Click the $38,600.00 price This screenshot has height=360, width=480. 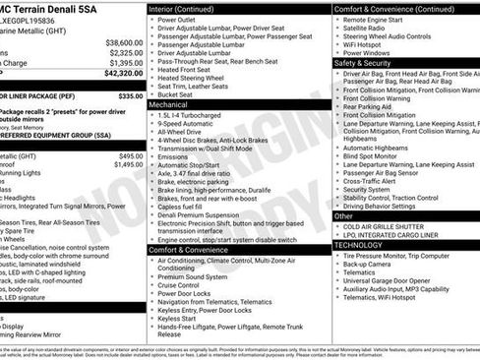coord(123,43)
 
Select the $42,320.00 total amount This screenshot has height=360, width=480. coord(123,73)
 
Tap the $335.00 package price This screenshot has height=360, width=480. coord(127,96)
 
